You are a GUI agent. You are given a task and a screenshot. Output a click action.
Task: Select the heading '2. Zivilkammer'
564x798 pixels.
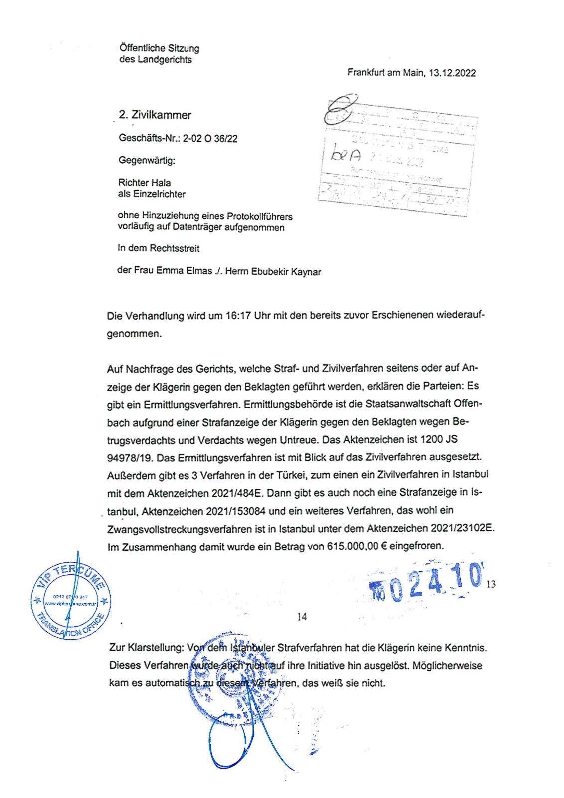pos(155,115)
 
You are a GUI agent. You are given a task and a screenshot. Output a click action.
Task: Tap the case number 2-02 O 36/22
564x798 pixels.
pos(210,139)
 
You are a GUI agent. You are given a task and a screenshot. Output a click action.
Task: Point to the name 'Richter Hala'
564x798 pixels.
pos(144,183)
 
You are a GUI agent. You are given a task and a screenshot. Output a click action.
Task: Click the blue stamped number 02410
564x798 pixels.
pos(426,582)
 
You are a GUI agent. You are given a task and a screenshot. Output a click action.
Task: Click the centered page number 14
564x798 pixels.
pos(302,617)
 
